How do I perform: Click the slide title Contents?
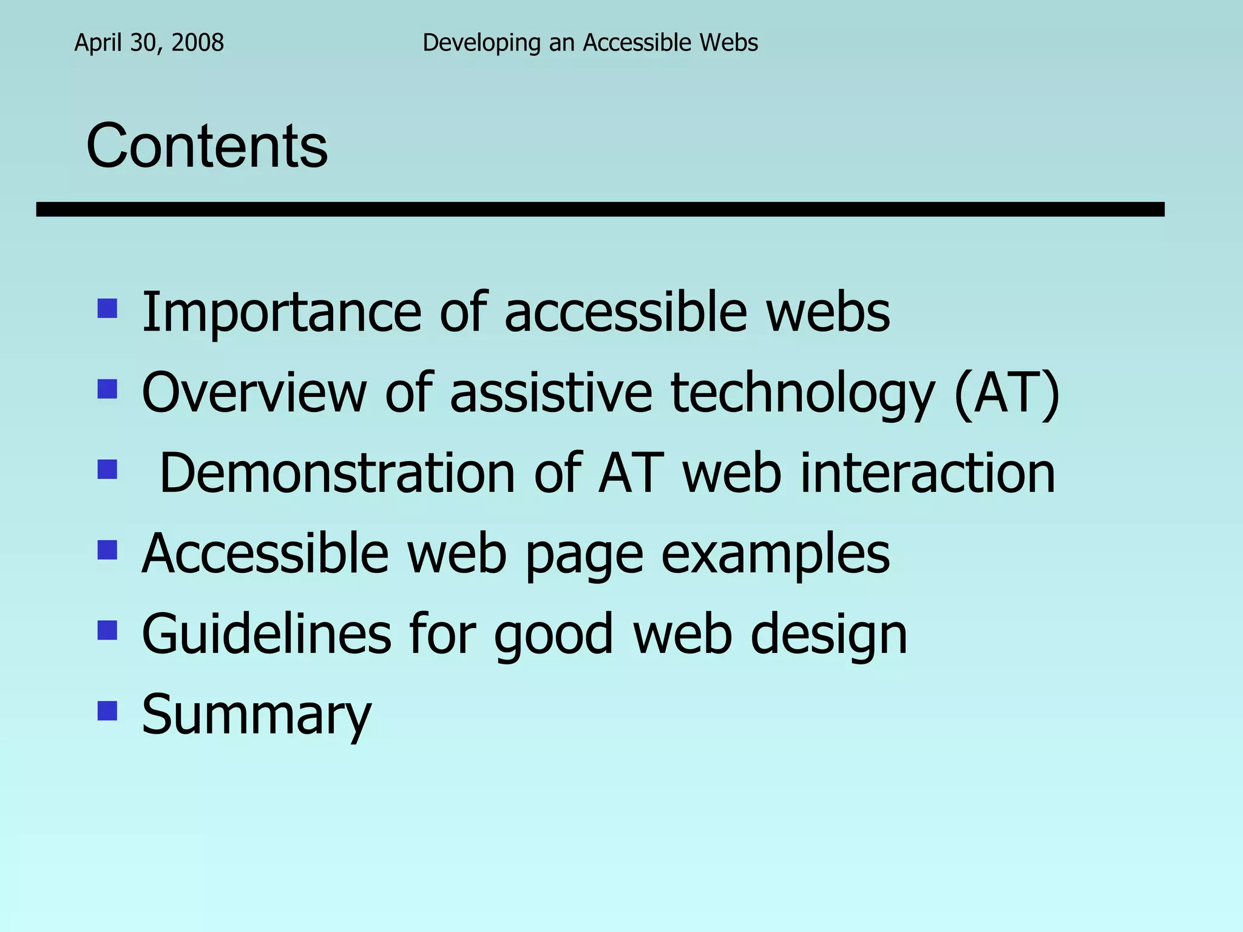click(x=207, y=146)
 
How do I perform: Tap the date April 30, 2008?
click(x=149, y=42)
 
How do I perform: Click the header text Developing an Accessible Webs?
click(x=590, y=42)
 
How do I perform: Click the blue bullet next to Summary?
click(x=107, y=711)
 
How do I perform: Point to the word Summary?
click(x=256, y=715)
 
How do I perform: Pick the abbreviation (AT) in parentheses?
click(x=1007, y=393)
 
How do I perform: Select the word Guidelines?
click(x=266, y=634)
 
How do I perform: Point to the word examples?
click(x=775, y=555)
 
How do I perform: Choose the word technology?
click(x=802, y=394)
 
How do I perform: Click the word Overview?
click(x=254, y=393)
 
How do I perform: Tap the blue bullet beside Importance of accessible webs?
click(x=107, y=309)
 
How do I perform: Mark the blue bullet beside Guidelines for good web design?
click(x=107, y=630)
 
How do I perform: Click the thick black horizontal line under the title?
click(x=600, y=209)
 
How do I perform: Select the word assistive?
click(x=551, y=393)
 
